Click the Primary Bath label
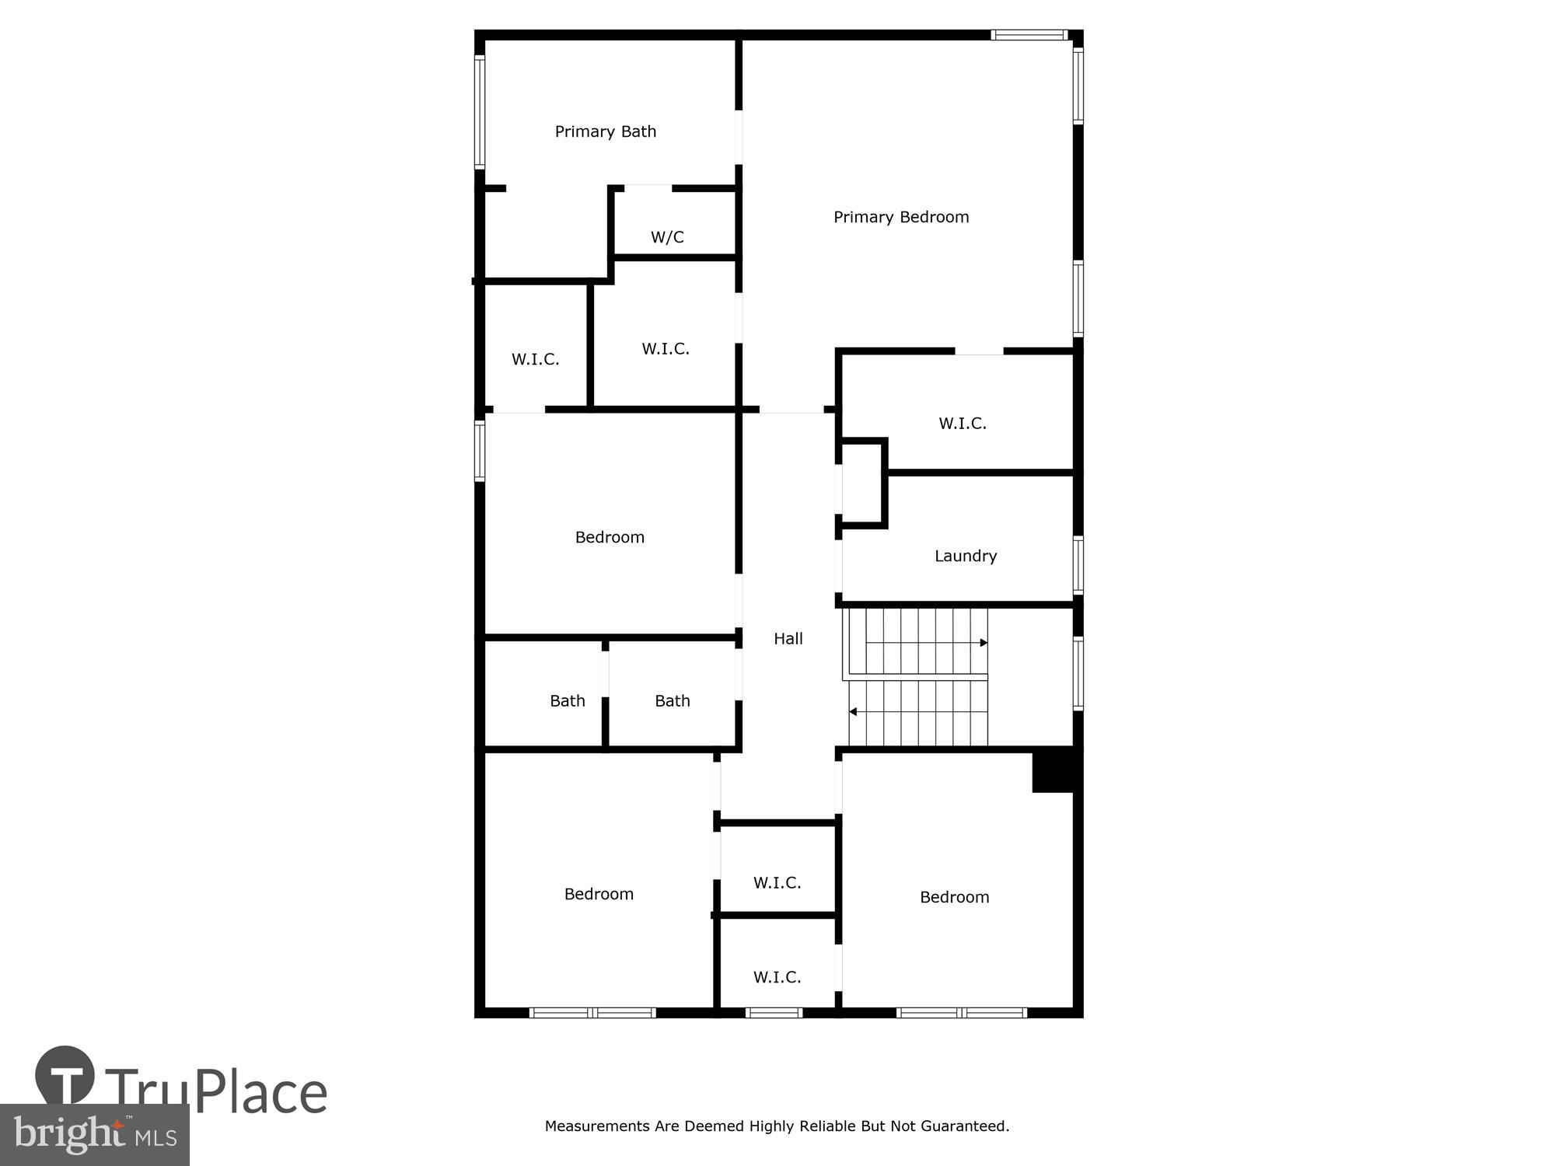[605, 132]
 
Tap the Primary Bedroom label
[901, 218]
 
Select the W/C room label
[667, 237]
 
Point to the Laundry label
[965, 556]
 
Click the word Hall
[788, 639]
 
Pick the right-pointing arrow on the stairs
[983, 643]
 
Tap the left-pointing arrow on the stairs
[853, 711]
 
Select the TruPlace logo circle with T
[65, 1075]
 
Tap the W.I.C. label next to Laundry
[962, 424]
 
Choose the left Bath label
[567, 701]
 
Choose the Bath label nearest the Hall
[672, 701]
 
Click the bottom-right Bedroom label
[954, 897]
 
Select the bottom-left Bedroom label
[599, 895]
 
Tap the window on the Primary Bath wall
[480, 112]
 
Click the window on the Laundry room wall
[1078, 565]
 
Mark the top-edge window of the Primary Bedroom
[1029, 35]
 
